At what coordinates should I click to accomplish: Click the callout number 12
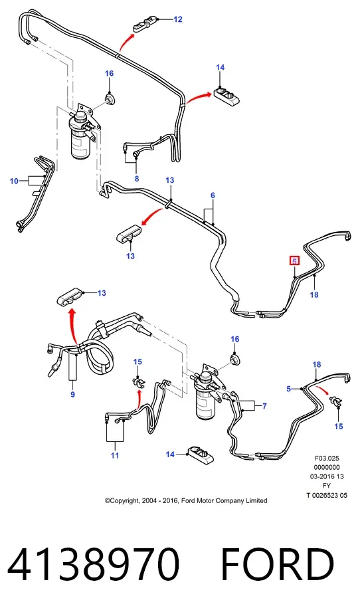tap(178, 19)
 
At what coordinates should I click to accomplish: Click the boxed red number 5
tap(294, 260)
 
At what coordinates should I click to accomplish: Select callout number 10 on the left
tap(14, 181)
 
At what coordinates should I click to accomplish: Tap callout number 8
tap(137, 179)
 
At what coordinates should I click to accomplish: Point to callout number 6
tap(213, 195)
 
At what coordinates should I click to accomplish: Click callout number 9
tap(72, 394)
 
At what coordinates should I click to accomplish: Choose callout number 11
tap(115, 455)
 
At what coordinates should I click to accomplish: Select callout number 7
tap(264, 406)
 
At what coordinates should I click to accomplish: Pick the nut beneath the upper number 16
tap(109, 98)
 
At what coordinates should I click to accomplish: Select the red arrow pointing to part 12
tap(126, 42)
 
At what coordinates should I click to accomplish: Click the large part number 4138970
tap(94, 565)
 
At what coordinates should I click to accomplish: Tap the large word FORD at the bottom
tap(277, 565)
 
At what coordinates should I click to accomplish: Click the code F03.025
tap(327, 458)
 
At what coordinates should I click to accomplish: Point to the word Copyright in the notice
tap(124, 501)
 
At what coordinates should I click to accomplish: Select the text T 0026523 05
tap(327, 495)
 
